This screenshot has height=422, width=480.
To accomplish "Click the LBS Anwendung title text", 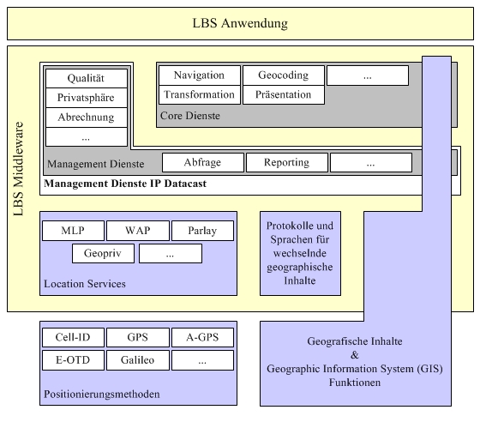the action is click(240, 23).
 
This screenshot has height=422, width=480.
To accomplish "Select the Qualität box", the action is click(87, 78).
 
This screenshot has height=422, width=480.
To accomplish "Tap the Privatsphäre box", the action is click(87, 98).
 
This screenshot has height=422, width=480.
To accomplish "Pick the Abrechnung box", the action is click(87, 118).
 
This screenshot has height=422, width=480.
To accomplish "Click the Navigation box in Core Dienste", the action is click(200, 75).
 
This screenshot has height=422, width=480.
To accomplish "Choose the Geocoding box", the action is click(284, 75).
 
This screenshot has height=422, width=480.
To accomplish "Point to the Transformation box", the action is click(200, 94).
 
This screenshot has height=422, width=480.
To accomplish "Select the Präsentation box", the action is click(284, 94).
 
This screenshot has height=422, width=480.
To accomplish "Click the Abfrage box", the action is click(203, 163).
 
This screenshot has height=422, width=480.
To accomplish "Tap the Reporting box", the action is click(287, 163).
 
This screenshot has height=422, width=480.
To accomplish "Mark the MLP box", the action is click(73, 231).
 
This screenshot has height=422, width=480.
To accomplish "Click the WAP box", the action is click(138, 231).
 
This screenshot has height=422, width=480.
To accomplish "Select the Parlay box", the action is click(202, 231).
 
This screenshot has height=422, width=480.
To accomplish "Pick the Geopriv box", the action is click(103, 254).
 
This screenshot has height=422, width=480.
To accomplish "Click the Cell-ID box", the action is click(73, 337).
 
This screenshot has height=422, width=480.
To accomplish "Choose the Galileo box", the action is click(138, 360).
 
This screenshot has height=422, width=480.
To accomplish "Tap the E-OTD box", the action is click(73, 360).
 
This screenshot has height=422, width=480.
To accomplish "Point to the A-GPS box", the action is click(202, 337).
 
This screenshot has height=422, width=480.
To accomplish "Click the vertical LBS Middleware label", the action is click(18, 169).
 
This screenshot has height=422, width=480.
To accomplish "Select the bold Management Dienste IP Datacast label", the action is click(125, 184).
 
